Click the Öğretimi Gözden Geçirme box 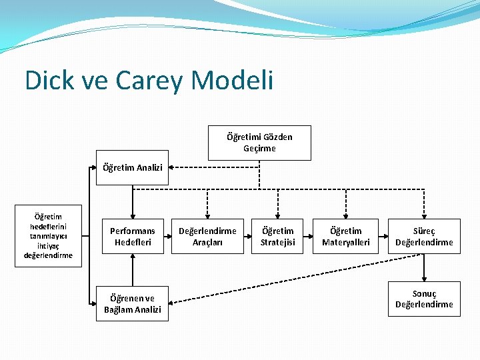[x=259, y=143]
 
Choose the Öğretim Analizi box [x=132, y=167]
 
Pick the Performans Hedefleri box [x=132, y=236]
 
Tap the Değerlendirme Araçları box [x=207, y=236]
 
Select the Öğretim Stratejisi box [x=277, y=236]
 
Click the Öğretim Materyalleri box [x=345, y=236]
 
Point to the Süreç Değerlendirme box [x=424, y=236]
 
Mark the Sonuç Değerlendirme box [x=424, y=299]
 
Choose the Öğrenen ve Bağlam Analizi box [x=132, y=304]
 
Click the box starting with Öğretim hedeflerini [x=48, y=236]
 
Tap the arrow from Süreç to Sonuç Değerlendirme [x=424, y=267]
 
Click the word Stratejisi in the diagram [x=277, y=242]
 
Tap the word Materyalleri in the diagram [x=345, y=242]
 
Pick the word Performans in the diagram [x=132, y=231]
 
